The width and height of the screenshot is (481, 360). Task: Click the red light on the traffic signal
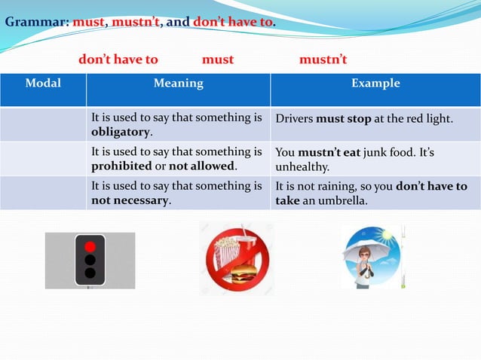[x=90, y=246]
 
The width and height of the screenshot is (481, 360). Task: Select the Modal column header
[x=43, y=84]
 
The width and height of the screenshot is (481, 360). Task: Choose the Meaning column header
[x=178, y=84]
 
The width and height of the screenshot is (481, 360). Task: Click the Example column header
[x=375, y=84]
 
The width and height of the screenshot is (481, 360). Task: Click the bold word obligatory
[x=120, y=132]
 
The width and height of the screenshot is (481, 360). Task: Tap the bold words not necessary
[x=130, y=200]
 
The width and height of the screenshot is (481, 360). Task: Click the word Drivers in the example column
[x=295, y=119]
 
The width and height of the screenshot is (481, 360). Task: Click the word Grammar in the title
[x=36, y=22]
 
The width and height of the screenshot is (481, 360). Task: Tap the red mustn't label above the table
[x=323, y=59]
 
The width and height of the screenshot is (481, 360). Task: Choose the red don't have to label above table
[x=118, y=59]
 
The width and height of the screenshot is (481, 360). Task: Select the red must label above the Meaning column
[x=218, y=59]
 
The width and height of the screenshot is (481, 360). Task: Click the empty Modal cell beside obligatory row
[x=43, y=124]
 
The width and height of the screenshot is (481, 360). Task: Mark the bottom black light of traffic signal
[x=90, y=273]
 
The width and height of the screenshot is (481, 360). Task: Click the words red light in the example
[x=426, y=119]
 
